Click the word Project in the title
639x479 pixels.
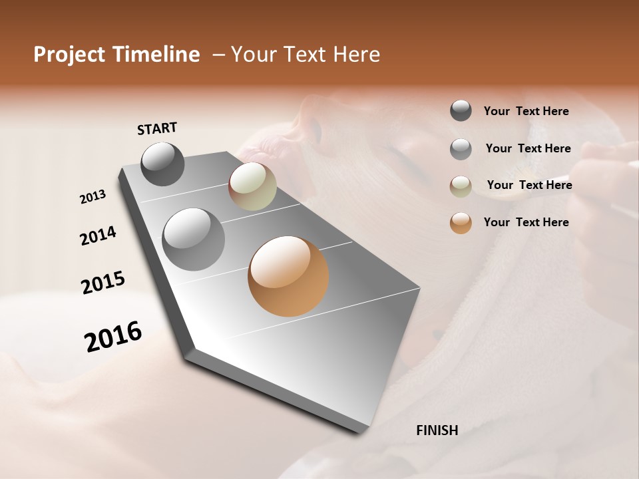70,55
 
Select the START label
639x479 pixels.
157,128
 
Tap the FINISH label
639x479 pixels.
437,430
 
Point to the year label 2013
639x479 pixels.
93,197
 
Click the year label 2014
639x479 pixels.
98,236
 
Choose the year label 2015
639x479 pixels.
103,283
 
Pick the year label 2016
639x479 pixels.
113,336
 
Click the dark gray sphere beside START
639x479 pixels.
162,164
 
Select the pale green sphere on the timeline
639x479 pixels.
252,186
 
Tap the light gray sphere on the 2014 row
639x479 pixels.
194,239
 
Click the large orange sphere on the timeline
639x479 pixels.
288,276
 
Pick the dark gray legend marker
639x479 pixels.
461,111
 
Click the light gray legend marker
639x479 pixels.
461,149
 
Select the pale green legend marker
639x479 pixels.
461,186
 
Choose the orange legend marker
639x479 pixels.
461,223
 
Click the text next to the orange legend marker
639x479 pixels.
526,222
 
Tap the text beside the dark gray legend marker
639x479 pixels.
526,111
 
